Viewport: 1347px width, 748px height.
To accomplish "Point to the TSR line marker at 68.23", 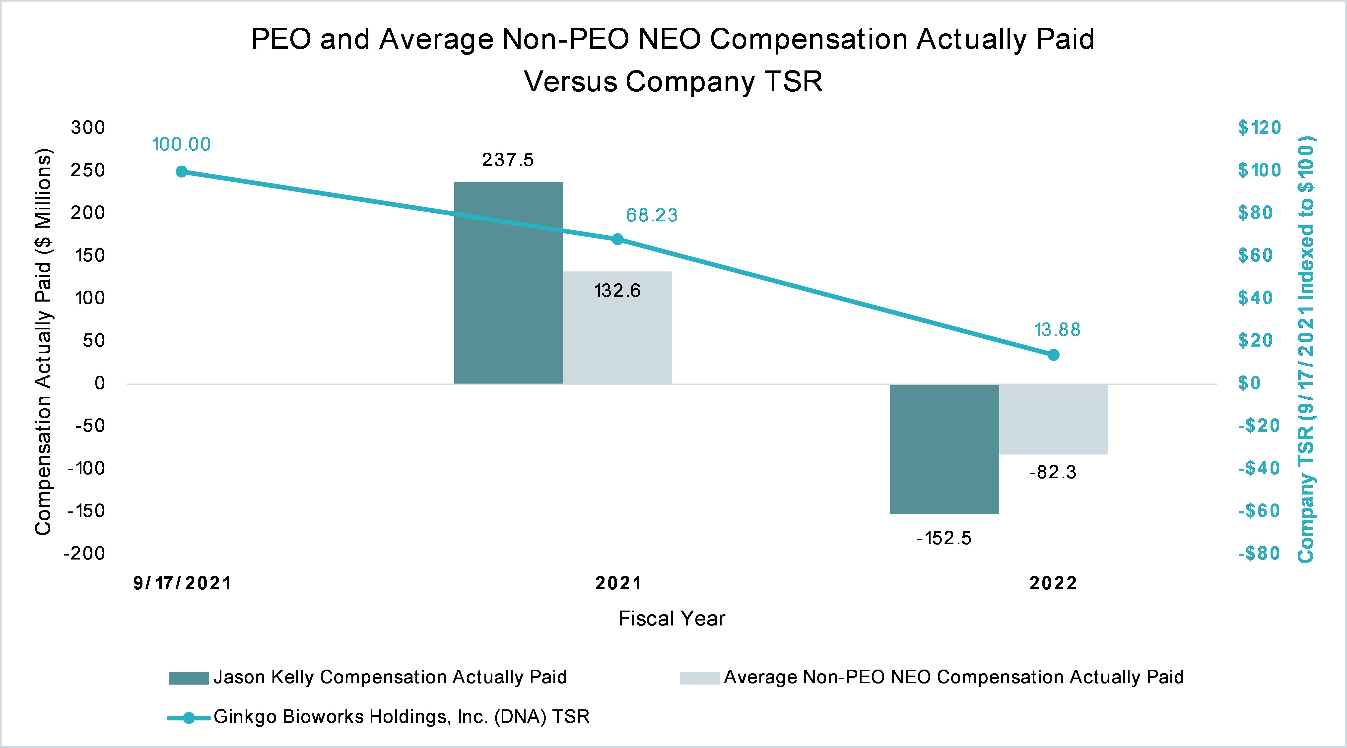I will coord(617,239).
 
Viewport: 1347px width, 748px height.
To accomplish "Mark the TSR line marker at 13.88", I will coord(1054,355).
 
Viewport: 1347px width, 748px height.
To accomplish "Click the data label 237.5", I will coord(508,160).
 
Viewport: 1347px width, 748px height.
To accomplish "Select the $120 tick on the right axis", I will coord(1259,127).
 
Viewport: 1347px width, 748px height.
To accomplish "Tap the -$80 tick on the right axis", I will coord(1259,553).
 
